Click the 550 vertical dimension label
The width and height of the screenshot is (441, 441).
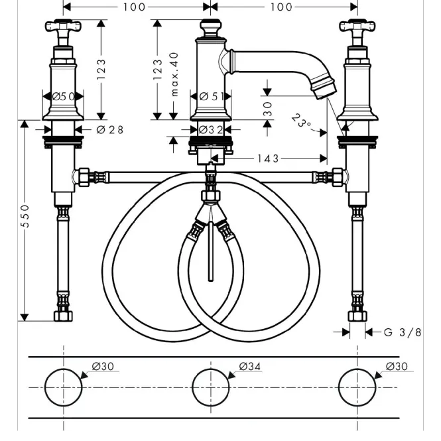[x=25, y=216]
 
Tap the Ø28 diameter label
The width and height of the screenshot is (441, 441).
[x=109, y=130]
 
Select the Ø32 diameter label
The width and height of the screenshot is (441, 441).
[x=211, y=130]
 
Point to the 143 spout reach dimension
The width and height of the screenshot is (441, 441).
[x=268, y=158]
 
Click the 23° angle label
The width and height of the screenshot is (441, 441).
[x=301, y=121]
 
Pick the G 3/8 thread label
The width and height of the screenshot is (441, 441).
[x=403, y=332]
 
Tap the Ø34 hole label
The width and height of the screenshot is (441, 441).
[x=250, y=366]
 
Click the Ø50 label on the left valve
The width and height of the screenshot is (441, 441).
[x=63, y=96]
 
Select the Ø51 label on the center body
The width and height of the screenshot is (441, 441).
[x=212, y=96]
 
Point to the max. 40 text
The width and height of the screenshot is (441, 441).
[x=174, y=74]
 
